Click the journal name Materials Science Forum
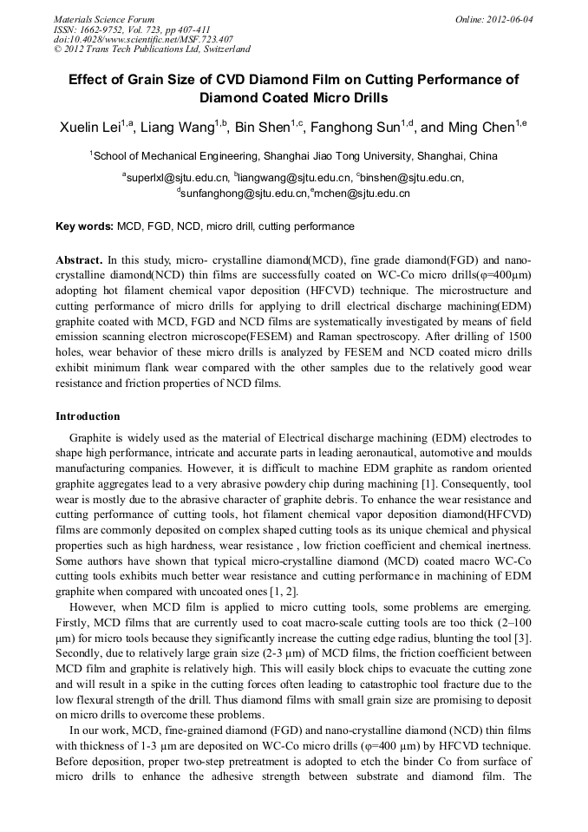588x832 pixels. point(104,19)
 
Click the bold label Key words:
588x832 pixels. point(84,226)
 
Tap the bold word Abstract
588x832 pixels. point(79,259)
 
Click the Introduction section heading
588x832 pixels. point(88,416)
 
